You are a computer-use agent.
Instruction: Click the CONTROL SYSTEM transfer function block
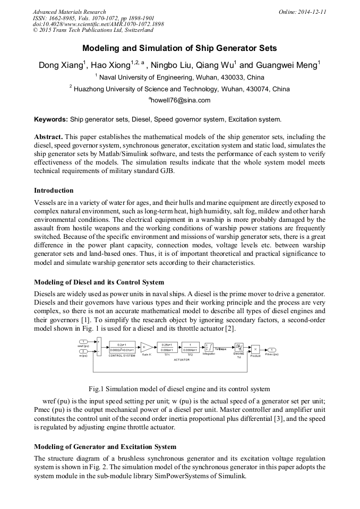(x=122, y=347)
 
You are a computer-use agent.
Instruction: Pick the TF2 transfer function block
(x=190, y=347)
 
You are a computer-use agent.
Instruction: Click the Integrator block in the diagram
(x=209, y=348)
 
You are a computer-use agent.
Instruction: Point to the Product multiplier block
(x=255, y=349)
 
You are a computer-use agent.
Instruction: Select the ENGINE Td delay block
(x=238, y=347)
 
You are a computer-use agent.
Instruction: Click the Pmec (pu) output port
(x=272, y=349)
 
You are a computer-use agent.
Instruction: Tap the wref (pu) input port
(x=84, y=341)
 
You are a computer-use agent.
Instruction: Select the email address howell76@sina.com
(x=181, y=100)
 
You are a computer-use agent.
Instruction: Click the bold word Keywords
(x=50, y=119)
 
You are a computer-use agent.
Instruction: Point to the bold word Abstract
(x=49, y=136)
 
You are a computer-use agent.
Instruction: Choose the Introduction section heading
(x=54, y=190)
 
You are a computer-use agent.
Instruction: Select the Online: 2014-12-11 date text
(x=302, y=11)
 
